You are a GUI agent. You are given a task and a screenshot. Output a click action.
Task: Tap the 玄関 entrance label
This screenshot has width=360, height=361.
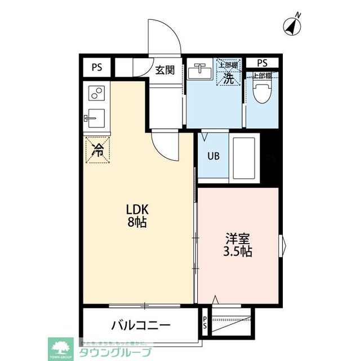click(x=165, y=71)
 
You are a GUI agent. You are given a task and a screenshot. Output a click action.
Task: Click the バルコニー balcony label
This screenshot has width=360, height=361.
click(x=140, y=325)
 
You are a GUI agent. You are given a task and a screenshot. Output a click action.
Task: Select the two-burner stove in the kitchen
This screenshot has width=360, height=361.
click(x=97, y=92)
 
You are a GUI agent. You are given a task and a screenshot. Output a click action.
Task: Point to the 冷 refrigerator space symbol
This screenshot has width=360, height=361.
click(x=97, y=150)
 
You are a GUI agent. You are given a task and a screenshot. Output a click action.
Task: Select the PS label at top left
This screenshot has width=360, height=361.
click(x=97, y=67)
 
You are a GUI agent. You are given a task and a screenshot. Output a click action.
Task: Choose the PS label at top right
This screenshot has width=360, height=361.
click(x=263, y=63)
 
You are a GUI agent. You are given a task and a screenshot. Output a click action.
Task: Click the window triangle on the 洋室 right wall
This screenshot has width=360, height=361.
click(x=283, y=244)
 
